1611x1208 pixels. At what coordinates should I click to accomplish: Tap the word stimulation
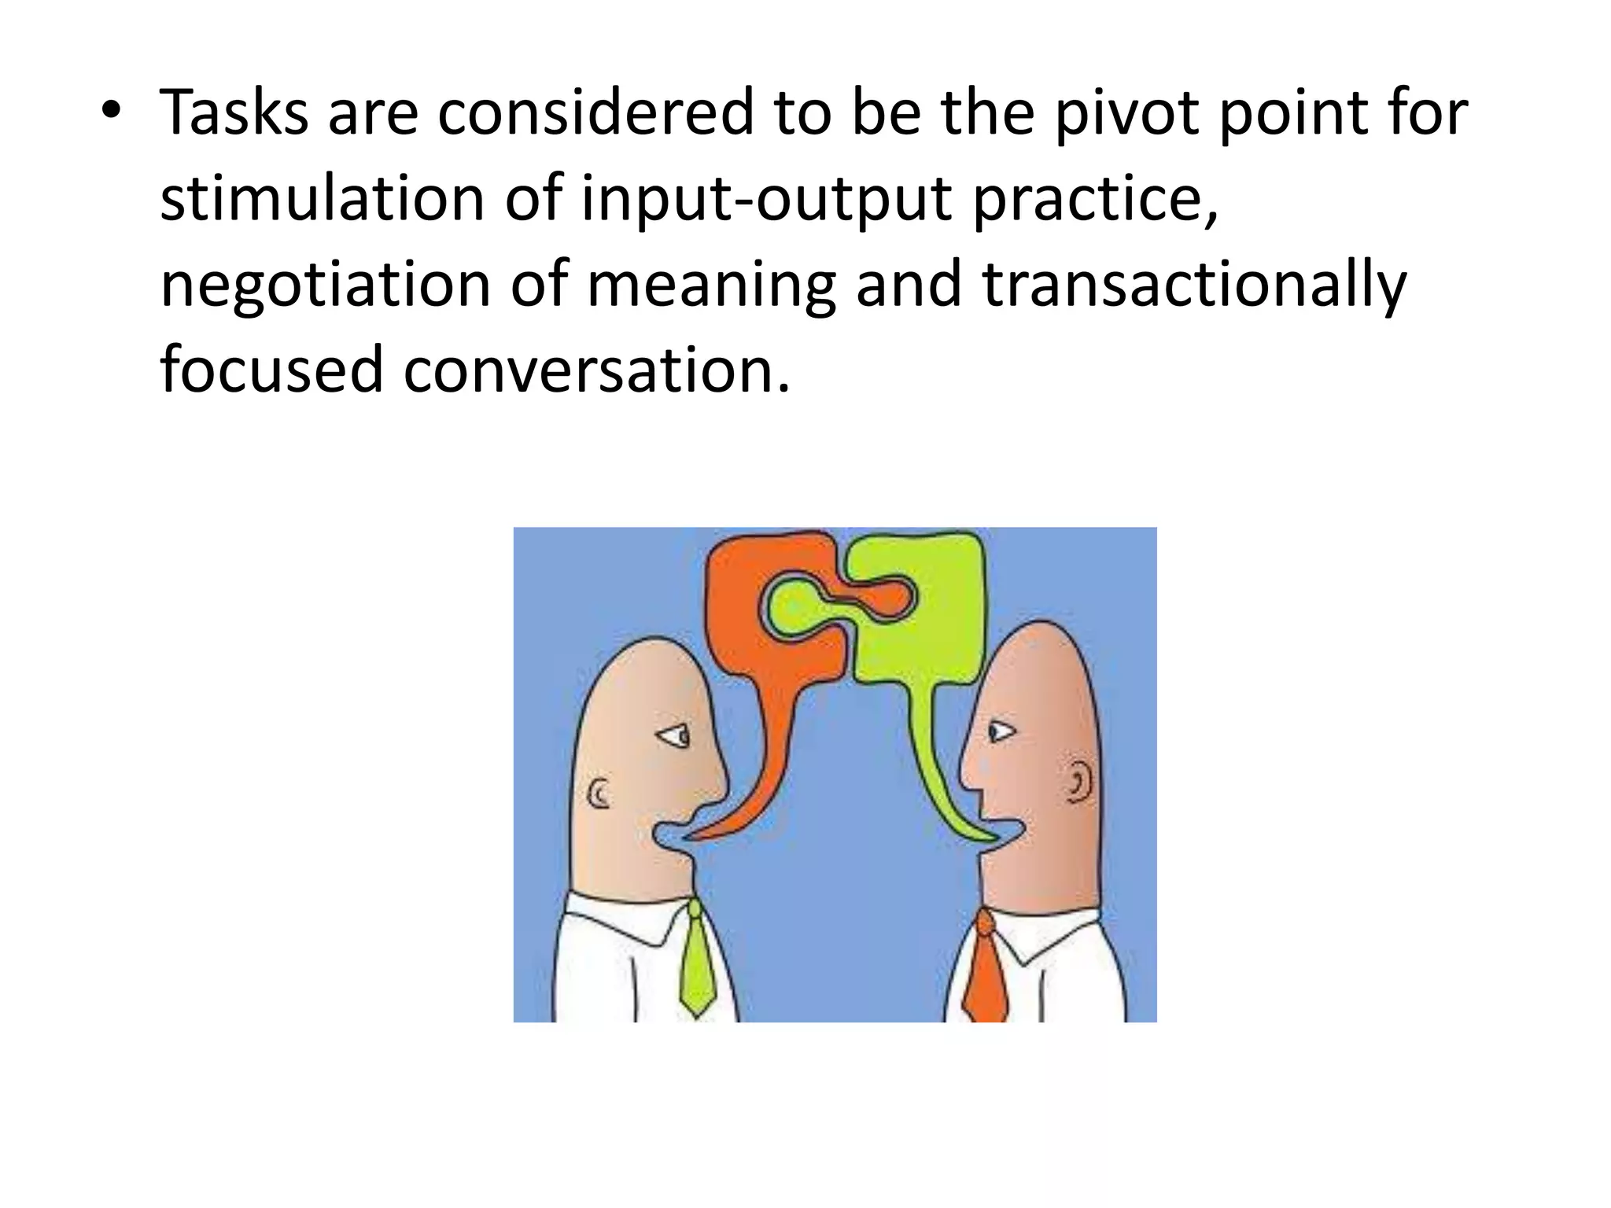point(322,199)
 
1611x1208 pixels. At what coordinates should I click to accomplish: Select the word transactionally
point(1193,285)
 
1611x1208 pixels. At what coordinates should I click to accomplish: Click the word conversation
point(595,370)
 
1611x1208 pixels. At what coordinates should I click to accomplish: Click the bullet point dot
point(111,111)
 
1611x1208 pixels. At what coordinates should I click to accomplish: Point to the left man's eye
point(675,736)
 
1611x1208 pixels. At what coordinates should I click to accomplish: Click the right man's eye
point(1000,732)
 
